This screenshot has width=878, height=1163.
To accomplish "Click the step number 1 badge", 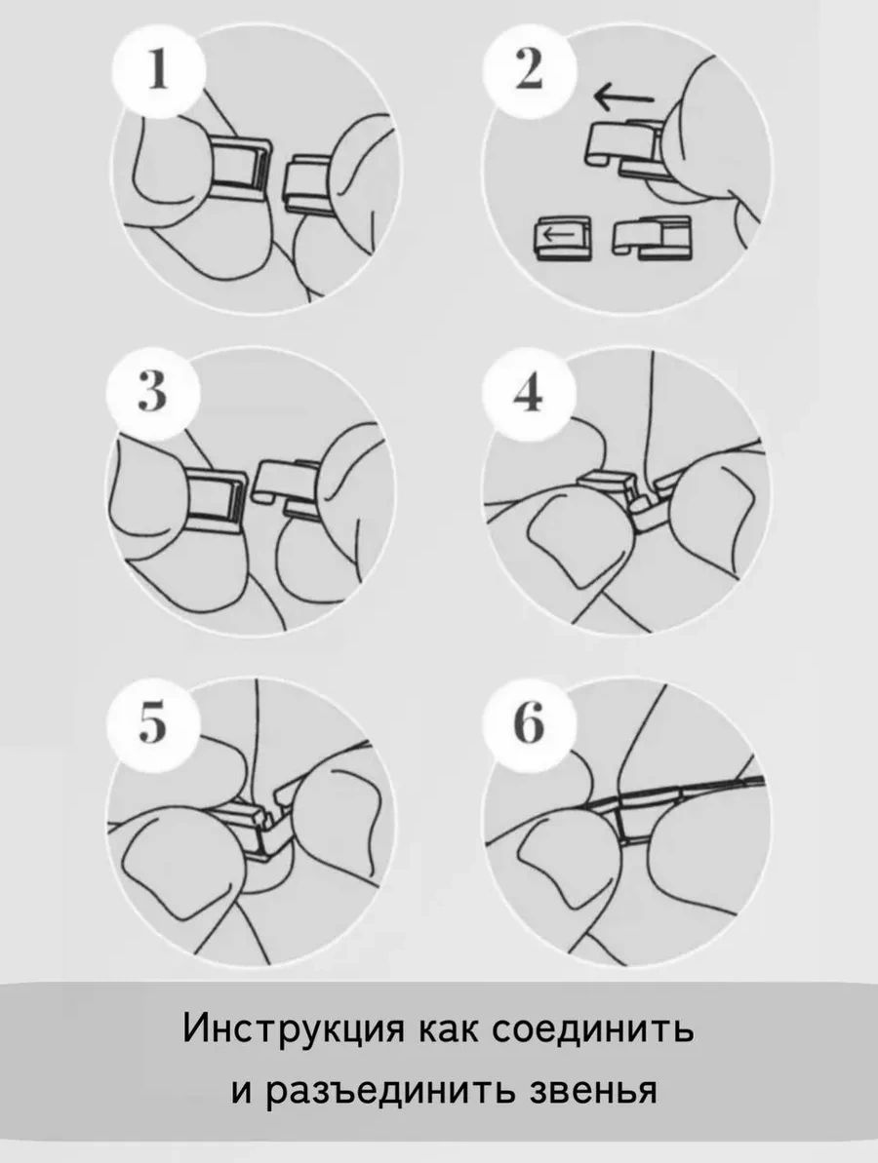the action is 157,72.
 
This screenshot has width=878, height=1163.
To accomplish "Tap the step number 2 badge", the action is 529,72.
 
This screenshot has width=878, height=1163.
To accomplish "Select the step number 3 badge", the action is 153,392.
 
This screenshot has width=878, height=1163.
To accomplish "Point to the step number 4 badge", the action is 529,392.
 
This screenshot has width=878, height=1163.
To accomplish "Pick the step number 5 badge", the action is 153,722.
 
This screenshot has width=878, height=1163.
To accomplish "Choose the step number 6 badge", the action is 529,722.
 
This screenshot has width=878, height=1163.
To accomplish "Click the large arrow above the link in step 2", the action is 623,96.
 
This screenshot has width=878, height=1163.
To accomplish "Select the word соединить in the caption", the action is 593,1029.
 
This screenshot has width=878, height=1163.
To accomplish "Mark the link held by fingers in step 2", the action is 627,147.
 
